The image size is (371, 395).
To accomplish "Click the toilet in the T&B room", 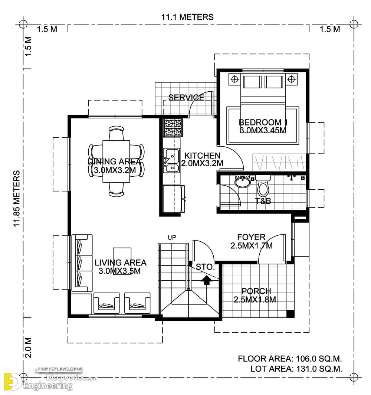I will (263, 186).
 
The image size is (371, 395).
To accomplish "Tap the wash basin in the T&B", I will (243, 182).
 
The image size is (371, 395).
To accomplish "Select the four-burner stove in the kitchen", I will (173, 127).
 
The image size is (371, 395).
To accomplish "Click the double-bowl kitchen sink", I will (172, 161).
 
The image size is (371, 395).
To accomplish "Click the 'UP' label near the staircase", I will (172, 237).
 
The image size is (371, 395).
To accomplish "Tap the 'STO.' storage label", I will (204, 267).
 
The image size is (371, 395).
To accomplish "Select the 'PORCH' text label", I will (256, 291).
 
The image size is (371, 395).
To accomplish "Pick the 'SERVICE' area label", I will (186, 98).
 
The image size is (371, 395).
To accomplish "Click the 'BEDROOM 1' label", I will (263, 122).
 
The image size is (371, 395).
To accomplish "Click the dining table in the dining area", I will (116, 161).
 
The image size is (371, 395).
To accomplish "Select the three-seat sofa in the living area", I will (81, 263).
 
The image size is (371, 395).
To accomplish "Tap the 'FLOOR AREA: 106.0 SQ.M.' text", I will (290, 359).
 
